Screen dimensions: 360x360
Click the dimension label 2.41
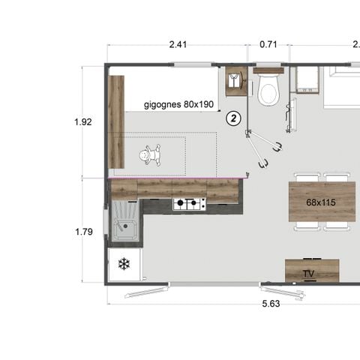point(178,44)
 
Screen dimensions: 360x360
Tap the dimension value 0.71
point(268,44)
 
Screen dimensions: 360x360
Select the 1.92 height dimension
point(84,121)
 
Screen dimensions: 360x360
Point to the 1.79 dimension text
point(84,232)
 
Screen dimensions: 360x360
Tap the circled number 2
point(234,118)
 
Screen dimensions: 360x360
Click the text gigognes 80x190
point(178,104)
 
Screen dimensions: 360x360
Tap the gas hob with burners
point(189,203)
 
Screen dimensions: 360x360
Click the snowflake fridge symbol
point(123,265)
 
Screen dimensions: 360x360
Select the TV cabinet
point(312,270)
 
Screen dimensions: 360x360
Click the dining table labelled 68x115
point(321,202)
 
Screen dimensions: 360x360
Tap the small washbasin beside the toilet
point(235,81)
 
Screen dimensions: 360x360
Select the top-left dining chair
point(307,177)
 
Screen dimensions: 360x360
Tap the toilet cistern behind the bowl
point(267,73)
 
